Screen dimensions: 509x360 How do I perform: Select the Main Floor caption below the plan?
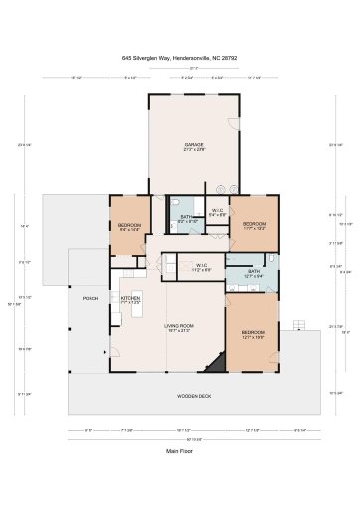click(180, 449)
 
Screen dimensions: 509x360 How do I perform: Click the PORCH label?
click(89, 297)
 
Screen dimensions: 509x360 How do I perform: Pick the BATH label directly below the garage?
click(186, 217)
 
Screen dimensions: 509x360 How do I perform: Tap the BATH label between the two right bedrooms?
click(253, 271)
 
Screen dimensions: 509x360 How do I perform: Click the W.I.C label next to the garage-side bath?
click(218, 211)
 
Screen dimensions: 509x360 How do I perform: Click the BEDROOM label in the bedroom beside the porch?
click(130, 227)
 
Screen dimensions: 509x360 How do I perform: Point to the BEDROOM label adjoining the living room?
click(253, 332)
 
